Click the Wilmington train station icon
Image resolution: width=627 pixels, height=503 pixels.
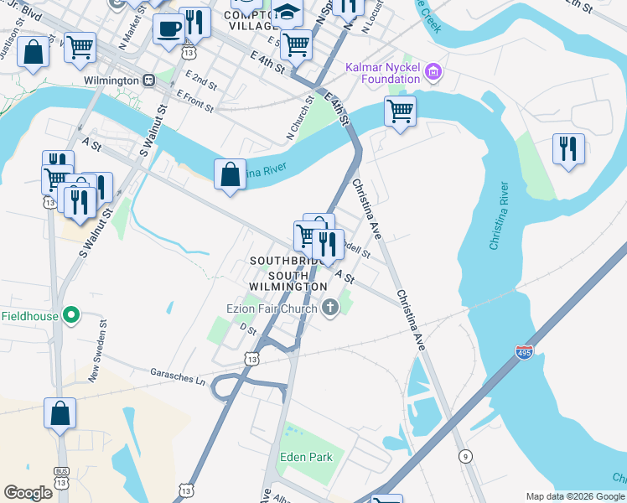point(148,80)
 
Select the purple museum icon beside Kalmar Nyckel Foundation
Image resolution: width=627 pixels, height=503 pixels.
point(433,73)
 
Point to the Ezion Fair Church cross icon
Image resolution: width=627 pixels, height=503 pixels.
point(330,309)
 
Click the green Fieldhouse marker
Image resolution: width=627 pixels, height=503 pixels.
point(72,315)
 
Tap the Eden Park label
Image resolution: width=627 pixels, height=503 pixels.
point(307,458)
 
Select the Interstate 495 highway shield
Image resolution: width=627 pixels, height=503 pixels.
point(524,353)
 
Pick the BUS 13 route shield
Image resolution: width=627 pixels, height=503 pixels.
point(60,475)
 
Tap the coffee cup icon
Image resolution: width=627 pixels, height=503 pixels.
point(168,28)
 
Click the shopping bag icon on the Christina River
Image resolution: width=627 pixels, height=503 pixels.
point(230,174)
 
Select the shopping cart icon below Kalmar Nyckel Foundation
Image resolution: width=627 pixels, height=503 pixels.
point(401,111)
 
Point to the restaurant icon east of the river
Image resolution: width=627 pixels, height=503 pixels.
point(569,148)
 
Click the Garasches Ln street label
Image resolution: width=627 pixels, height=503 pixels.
point(177,376)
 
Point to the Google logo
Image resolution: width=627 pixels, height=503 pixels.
point(28,493)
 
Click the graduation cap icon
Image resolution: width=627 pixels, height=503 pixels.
point(287,12)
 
